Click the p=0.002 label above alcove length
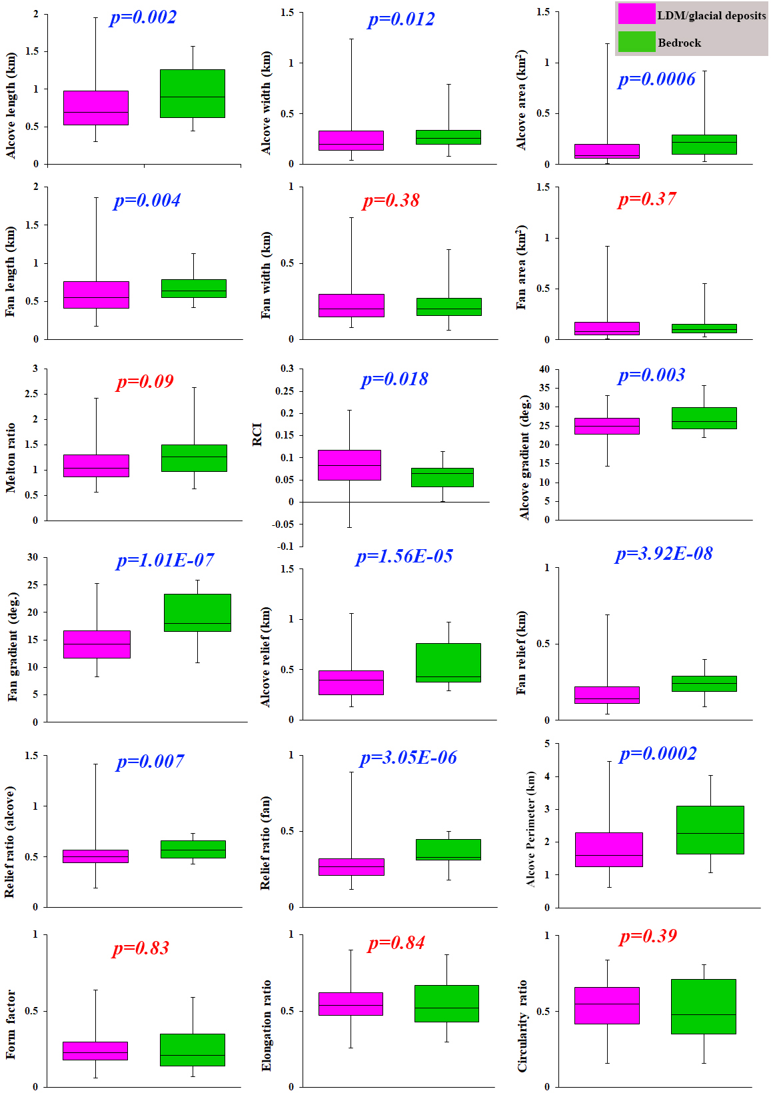pyautogui.click(x=143, y=17)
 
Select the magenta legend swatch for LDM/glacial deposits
pyautogui.click(x=636, y=14)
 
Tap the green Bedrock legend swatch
pyautogui.click(x=636, y=42)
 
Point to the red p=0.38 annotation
pyautogui.click(x=391, y=201)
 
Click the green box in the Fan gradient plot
pyautogui.click(x=197, y=612)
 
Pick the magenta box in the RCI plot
pyautogui.click(x=349, y=465)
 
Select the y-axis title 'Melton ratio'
pyautogui.click(x=11, y=457)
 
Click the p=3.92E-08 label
pyautogui.click(x=664, y=554)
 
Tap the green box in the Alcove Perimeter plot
pyautogui.click(x=710, y=830)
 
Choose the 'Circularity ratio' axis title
pyautogui.click(x=522, y=1026)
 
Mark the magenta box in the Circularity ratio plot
pyautogui.click(x=606, y=1005)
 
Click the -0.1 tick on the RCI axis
pyautogui.click(x=286, y=546)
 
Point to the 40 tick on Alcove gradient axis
pyautogui.click(x=544, y=369)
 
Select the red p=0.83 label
pyautogui.click(x=141, y=948)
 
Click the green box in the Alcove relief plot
pyautogui.click(x=448, y=662)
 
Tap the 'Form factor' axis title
pyautogui.click(x=11, y=1024)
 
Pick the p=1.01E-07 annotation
pyautogui.click(x=165, y=560)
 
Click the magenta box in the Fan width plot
pyautogui.click(x=351, y=305)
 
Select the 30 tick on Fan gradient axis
pyautogui.click(x=33, y=557)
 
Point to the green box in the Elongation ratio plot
pyautogui.click(x=446, y=1003)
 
